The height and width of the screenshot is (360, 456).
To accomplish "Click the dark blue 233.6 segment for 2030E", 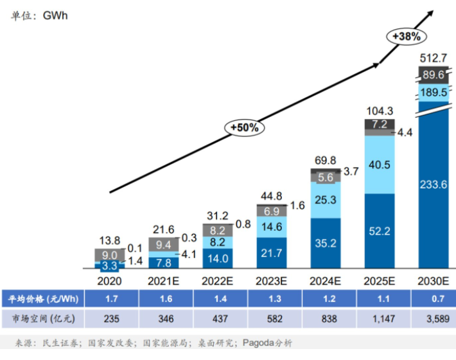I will coord(434,184).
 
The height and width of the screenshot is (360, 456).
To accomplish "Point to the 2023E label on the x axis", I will coord(272,280).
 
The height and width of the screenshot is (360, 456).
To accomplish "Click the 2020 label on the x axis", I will coord(110,280).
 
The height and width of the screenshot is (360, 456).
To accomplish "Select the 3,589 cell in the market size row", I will coord(434,318).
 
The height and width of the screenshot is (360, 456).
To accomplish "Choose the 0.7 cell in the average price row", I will coord(434,298).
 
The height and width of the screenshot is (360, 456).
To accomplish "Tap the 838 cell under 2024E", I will coord(326,318).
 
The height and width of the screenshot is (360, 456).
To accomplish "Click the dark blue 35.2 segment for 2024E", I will coord(326,243).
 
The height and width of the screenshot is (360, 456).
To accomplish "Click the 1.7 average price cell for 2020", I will coord(110,298).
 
